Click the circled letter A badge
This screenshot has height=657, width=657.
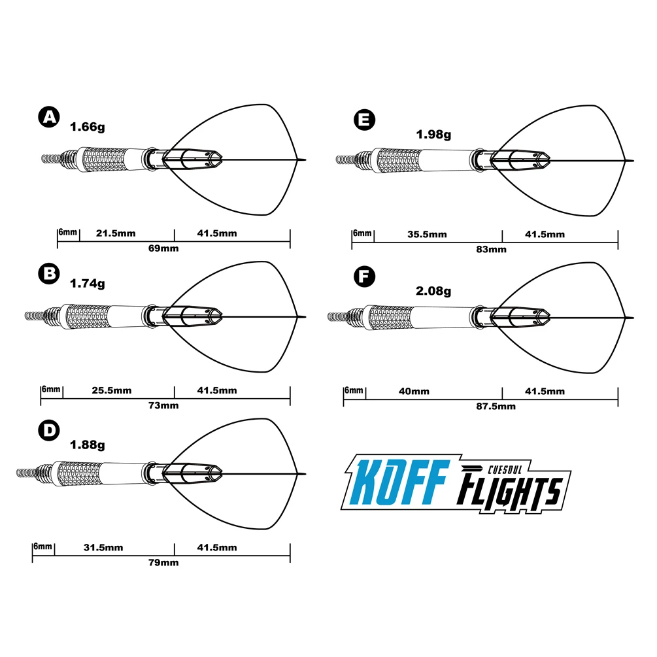pos(48,118)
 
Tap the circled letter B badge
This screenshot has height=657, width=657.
pos(48,275)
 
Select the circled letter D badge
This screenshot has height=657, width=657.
pos(48,432)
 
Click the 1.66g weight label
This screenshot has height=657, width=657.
pos(87,127)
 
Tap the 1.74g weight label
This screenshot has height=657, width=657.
pos(87,284)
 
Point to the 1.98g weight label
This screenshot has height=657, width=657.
pos(433,135)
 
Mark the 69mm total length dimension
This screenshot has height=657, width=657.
pos(164,248)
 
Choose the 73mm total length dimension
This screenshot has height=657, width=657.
pos(164,405)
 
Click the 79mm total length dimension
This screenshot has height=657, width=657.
pos(164,562)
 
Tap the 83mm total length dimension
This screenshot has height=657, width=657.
pos(492,249)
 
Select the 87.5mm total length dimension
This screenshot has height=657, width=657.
pos(497,406)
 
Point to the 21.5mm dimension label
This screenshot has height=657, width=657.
pos(116,233)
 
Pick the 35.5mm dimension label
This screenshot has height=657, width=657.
pos(428,234)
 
